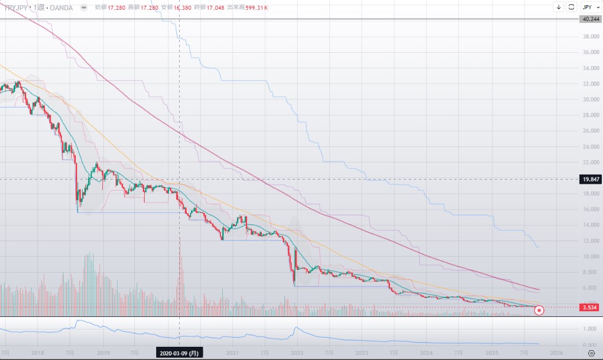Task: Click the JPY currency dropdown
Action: coord(589,7)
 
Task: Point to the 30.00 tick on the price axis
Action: coord(589,99)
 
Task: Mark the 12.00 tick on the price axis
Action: coord(589,241)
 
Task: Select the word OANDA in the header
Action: coord(61,7)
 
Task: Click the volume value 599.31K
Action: coord(256,7)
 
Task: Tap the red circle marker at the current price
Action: coord(539,311)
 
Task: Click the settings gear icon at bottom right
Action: coord(591,353)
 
